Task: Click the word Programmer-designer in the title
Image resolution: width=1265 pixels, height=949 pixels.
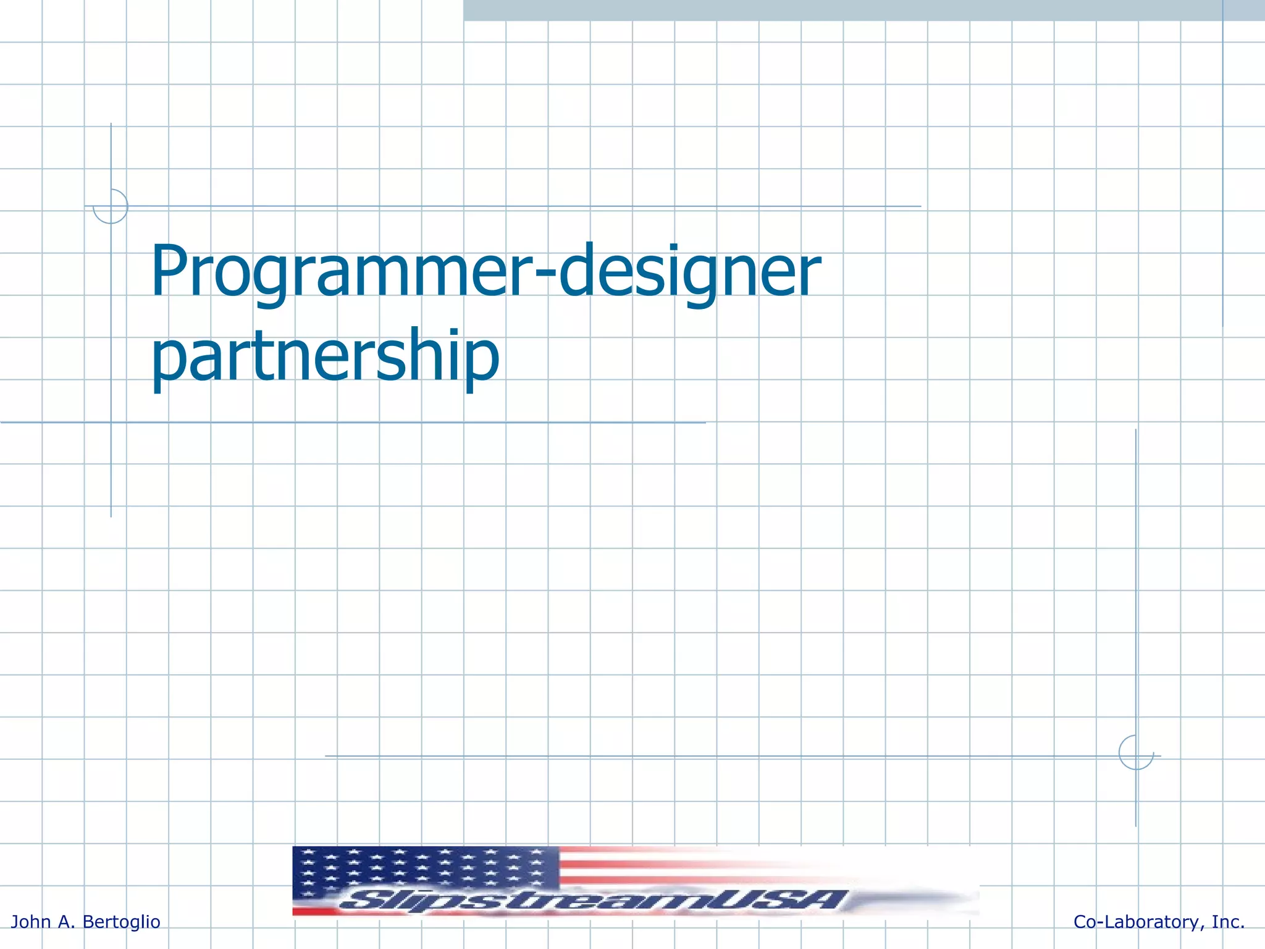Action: [485, 272]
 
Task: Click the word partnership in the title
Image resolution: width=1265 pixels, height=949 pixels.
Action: [325, 357]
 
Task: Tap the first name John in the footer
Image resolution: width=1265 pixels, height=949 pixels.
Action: [31, 922]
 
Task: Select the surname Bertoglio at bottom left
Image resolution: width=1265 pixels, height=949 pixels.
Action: [121, 922]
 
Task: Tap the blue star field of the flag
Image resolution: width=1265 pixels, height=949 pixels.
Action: [426, 868]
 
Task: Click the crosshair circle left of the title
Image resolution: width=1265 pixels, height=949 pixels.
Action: [111, 206]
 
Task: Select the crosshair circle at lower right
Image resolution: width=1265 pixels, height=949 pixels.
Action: [1136, 753]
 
